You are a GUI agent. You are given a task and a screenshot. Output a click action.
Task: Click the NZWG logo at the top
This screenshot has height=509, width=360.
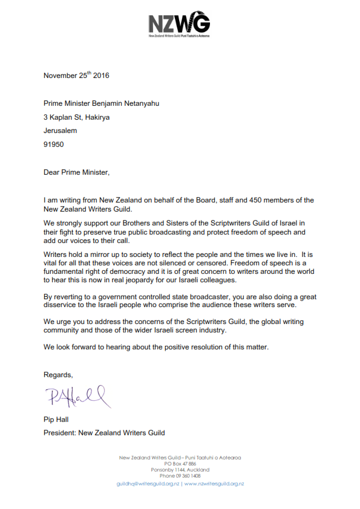coord(179,25)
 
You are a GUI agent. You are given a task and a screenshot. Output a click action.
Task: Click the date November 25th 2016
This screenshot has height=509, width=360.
coord(76,76)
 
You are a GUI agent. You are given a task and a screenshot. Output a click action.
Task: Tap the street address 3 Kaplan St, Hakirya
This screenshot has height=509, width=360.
coord(76,117)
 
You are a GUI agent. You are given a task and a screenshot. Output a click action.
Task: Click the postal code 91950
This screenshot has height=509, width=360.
coord(54,144)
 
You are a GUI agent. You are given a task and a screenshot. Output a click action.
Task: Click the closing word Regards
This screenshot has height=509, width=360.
coord(58,375)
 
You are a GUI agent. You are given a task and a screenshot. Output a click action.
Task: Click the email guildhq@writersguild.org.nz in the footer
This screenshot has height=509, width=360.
coord(148,484)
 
